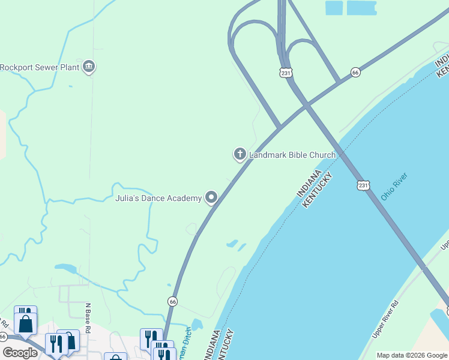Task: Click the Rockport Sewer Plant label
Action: [x=40, y=67]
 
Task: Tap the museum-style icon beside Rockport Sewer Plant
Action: [x=89, y=66]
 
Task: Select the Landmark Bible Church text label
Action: [x=292, y=155]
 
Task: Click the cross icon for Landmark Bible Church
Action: [x=240, y=155]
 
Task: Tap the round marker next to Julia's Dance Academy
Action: [x=211, y=197]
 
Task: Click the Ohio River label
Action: [x=394, y=187]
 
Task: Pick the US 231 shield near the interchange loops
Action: [x=286, y=73]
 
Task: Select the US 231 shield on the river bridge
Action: [x=363, y=185]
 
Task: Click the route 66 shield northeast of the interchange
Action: [x=355, y=72]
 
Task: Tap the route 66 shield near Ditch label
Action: [x=173, y=301]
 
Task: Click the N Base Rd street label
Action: [x=87, y=319]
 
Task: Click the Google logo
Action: [x=20, y=353]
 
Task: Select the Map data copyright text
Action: [x=411, y=355]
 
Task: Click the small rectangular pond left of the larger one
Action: [x=333, y=7]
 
